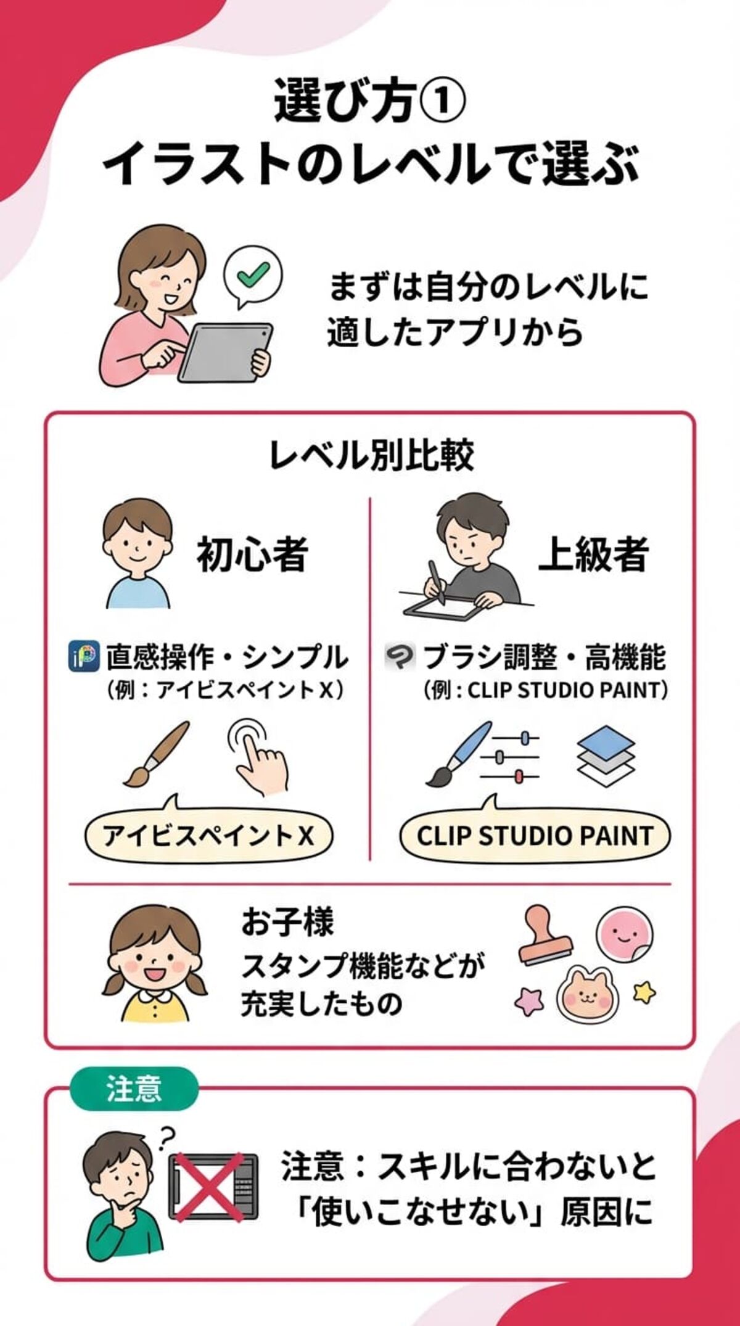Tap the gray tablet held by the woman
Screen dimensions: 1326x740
(226, 352)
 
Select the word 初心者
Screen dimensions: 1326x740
(252, 553)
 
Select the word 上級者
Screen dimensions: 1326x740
(593, 553)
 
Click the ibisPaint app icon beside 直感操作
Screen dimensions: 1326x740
(83, 657)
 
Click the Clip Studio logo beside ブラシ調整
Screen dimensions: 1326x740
(400, 657)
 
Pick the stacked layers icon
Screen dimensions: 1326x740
(606, 756)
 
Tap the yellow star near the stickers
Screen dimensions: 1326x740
(644, 992)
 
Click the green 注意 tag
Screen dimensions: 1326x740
(134, 1089)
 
